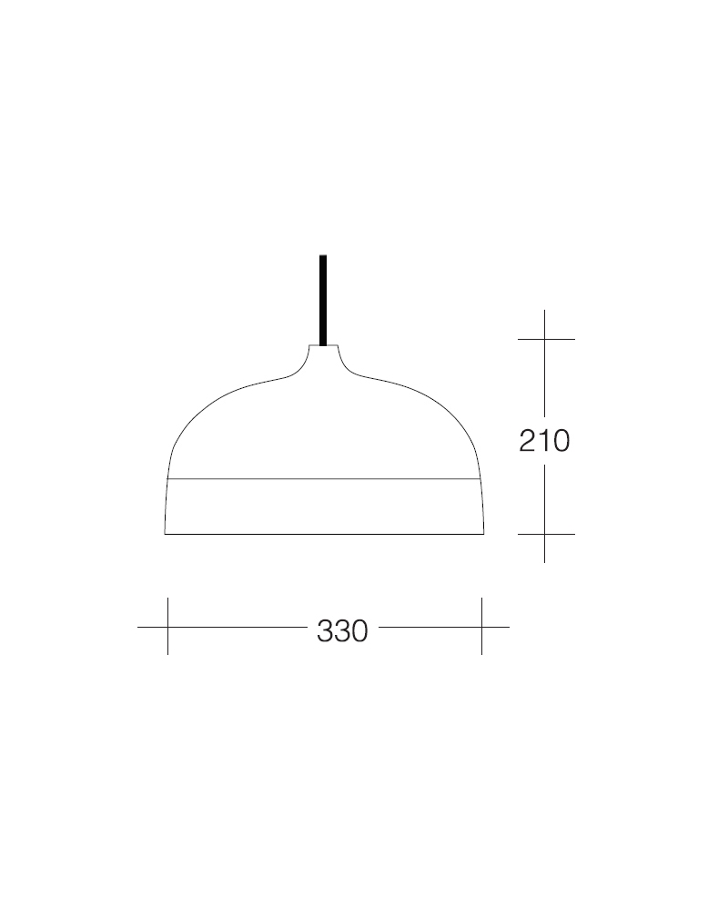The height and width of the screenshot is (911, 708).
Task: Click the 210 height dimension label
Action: click(544, 441)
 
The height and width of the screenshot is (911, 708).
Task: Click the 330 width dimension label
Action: click(342, 630)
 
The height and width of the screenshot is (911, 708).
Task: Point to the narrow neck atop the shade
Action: click(323, 350)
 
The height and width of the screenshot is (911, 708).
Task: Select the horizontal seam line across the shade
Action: click(323, 478)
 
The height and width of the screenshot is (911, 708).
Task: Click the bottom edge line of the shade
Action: click(323, 534)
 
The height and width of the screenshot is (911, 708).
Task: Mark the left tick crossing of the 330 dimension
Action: click(167, 627)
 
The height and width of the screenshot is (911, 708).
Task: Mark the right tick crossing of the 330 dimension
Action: click(481, 627)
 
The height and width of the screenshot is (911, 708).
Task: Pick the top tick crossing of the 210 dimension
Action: click(545, 339)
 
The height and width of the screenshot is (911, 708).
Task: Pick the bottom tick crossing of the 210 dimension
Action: click(545, 534)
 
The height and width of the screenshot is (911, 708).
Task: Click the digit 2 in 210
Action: click(528, 441)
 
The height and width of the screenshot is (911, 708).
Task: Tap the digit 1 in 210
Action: click(544, 441)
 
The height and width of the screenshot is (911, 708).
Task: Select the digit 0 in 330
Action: click(359, 630)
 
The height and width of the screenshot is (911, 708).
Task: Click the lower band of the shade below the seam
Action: click(323, 507)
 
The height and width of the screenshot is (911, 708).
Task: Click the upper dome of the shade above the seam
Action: click(323, 428)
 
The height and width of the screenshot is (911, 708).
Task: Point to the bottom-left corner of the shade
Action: click(165, 533)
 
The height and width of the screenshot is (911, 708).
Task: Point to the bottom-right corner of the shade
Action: click(483, 533)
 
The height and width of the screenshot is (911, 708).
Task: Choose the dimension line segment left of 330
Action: click(237, 627)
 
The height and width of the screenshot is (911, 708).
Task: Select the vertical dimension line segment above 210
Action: click(545, 378)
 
